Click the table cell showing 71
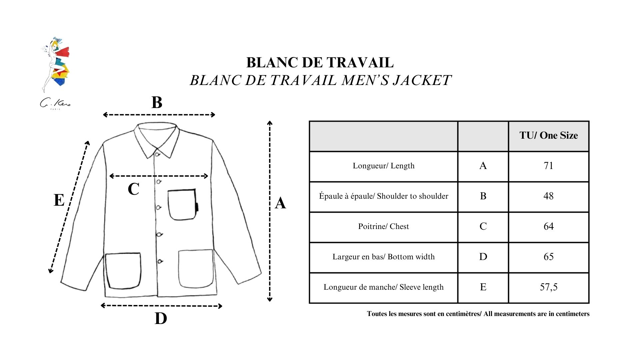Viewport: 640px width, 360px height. coord(548,166)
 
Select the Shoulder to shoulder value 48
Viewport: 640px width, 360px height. coord(548,196)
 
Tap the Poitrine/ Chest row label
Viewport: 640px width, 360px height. coord(383,226)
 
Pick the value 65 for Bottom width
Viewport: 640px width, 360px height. coord(548,257)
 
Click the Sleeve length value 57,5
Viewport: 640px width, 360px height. coord(549,287)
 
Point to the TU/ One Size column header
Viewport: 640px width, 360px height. coord(549,135)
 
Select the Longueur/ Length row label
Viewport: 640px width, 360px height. coord(384,166)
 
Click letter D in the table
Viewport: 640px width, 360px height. coord(483,257)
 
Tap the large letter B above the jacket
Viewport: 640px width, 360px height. coord(157,102)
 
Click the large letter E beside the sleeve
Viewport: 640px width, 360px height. coord(59,200)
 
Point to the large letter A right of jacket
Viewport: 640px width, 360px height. coord(280,203)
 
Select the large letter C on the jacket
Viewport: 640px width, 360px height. coord(133,189)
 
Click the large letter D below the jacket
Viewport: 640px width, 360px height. coord(161,318)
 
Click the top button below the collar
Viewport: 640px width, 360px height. coord(157,154)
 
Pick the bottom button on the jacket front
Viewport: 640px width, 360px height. coord(160,261)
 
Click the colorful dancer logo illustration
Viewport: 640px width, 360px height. coord(56,65)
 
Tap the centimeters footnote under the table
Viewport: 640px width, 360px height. coord(478,314)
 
